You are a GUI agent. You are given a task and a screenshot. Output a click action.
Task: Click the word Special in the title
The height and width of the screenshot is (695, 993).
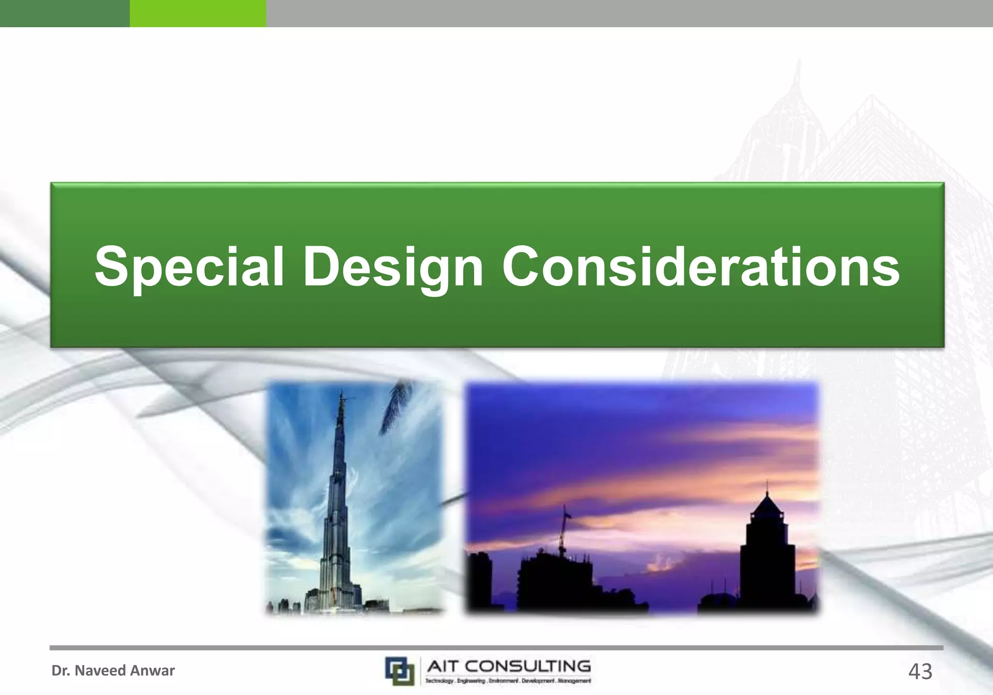point(189,267)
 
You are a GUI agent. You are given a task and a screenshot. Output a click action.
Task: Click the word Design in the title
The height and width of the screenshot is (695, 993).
point(393,267)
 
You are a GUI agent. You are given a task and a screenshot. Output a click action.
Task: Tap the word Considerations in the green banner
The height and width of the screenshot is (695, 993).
point(701,267)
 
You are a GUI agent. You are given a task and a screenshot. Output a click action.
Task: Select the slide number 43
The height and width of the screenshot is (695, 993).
point(920,672)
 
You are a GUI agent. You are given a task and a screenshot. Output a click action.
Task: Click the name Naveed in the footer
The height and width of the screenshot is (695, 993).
point(99,671)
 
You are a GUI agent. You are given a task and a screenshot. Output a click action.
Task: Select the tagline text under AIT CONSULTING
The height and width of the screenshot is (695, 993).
point(508,681)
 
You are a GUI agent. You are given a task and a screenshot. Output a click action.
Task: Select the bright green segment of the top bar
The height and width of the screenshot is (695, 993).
point(198,13)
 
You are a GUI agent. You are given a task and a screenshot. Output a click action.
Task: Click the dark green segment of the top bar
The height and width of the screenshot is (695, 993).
point(64,13)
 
